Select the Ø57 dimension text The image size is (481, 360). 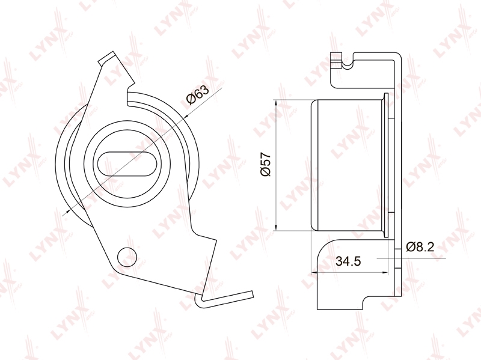[x=266, y=164]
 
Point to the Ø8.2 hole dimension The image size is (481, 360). [x=420, y=247]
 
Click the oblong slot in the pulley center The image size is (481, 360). [x=127, y=163]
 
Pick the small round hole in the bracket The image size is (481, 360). [x=127, y=256]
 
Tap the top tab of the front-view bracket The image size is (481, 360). [x=108, y=58]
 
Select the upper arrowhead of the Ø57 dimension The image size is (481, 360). [x=277, y=103]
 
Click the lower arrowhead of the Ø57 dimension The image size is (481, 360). [x=277, y=227]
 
